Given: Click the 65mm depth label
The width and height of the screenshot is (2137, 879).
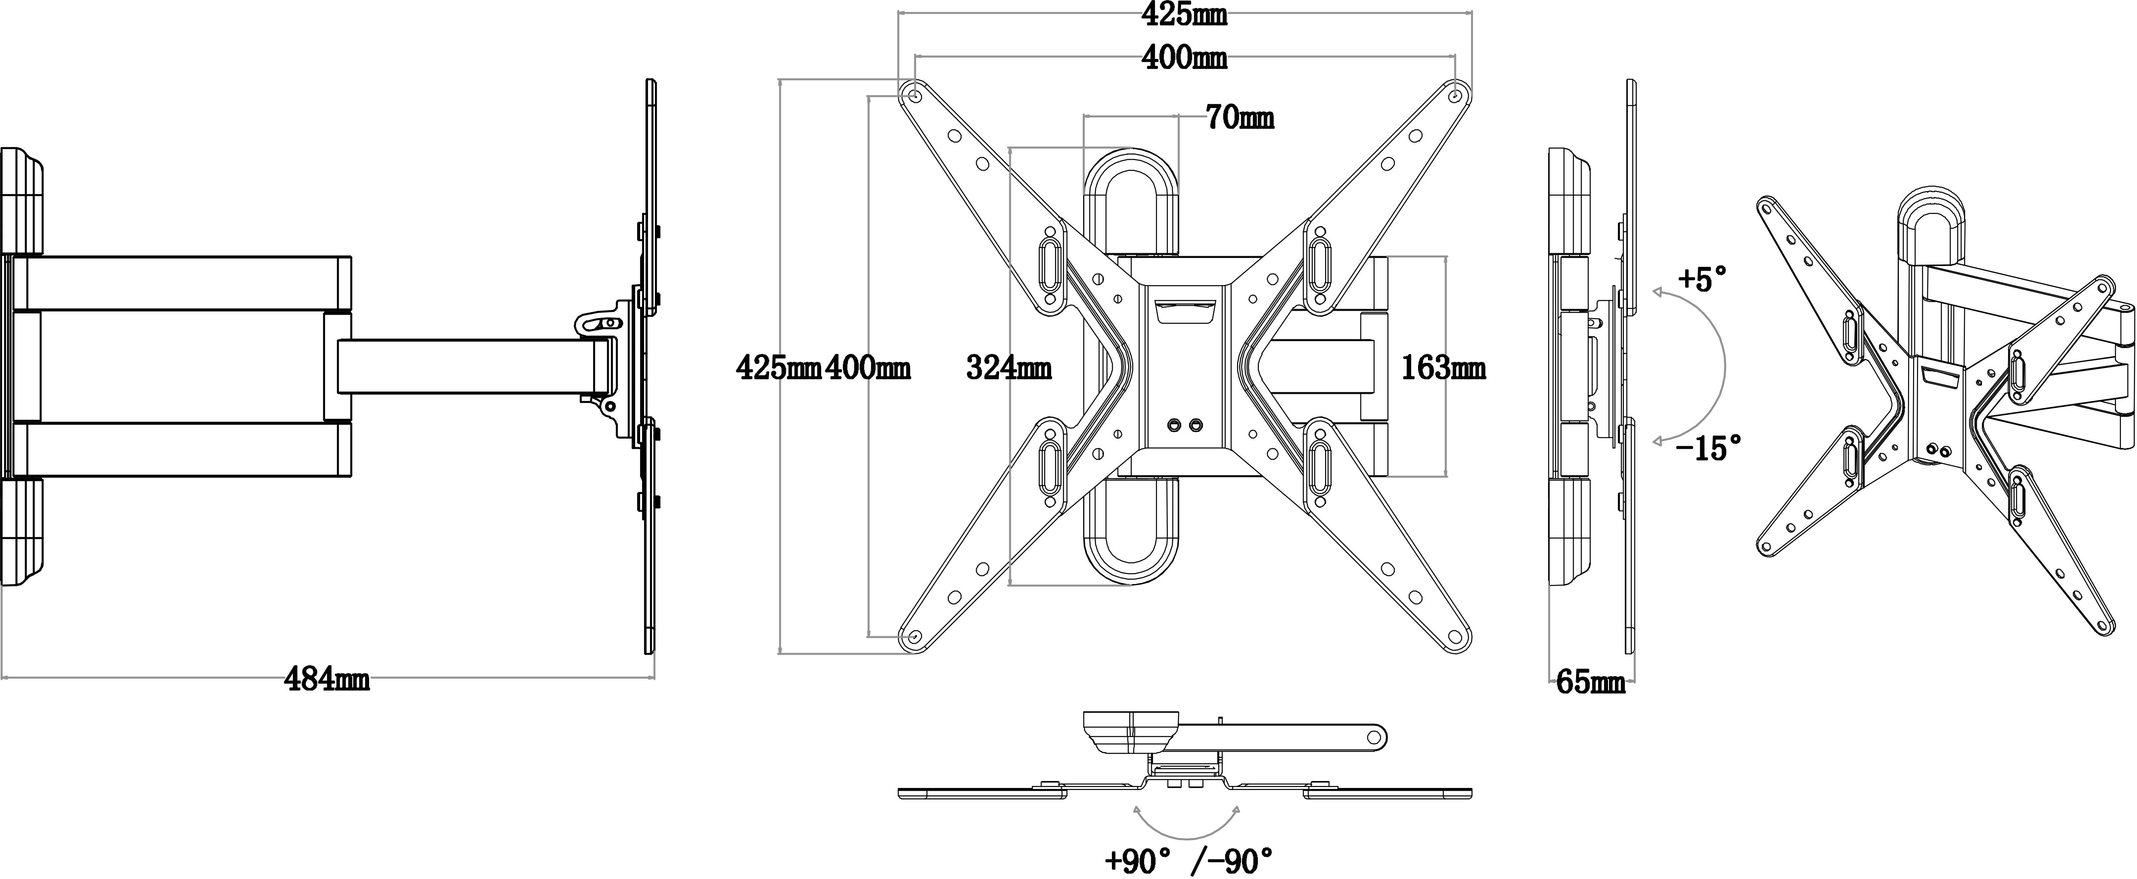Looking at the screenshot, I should (1590, 682).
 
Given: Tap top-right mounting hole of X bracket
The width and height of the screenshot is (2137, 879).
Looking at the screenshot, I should (1455, 96).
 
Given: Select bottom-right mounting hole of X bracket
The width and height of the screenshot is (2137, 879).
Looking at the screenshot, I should (1455, 636).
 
